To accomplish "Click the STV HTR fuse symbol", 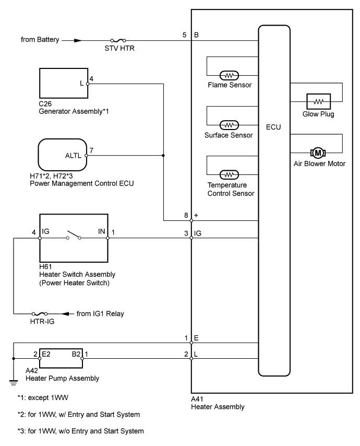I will [118, 40].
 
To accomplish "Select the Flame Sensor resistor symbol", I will [229, 74].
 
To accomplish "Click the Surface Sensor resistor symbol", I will [229, 125].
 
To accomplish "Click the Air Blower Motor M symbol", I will [317, 152].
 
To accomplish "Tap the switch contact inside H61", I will [73, 238].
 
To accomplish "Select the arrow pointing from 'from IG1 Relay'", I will [68, 313].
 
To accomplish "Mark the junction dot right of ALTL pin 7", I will [163, 155].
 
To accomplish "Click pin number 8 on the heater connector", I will [185, 214].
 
